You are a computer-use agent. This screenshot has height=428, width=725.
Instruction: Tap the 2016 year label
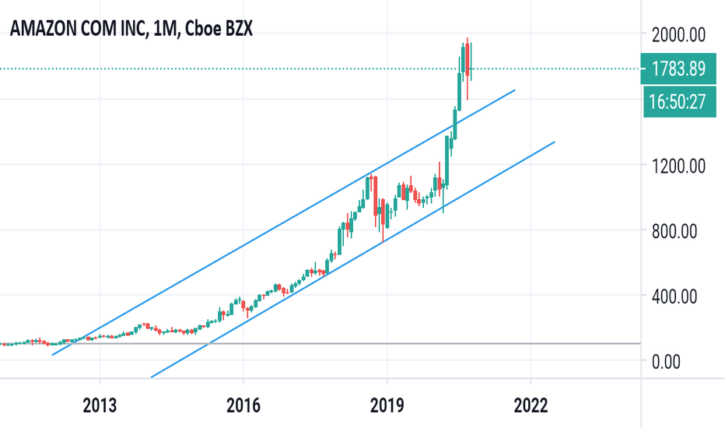pos(243,405)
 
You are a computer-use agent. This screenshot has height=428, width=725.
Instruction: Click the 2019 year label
pos(387,405)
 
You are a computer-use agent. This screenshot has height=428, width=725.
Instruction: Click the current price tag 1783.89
pos(679,69)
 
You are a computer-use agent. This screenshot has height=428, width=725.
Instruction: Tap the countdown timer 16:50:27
pos(679,102)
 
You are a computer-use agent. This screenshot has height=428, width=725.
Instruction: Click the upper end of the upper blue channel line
pos(515,90)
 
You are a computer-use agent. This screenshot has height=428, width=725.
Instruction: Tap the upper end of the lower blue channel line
pos(554,142)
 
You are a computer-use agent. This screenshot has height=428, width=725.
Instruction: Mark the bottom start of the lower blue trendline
pos(152,376)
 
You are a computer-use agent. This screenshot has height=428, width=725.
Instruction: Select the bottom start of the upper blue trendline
pos(53,355)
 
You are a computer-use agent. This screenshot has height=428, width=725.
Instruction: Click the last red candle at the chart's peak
pos(470,61)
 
